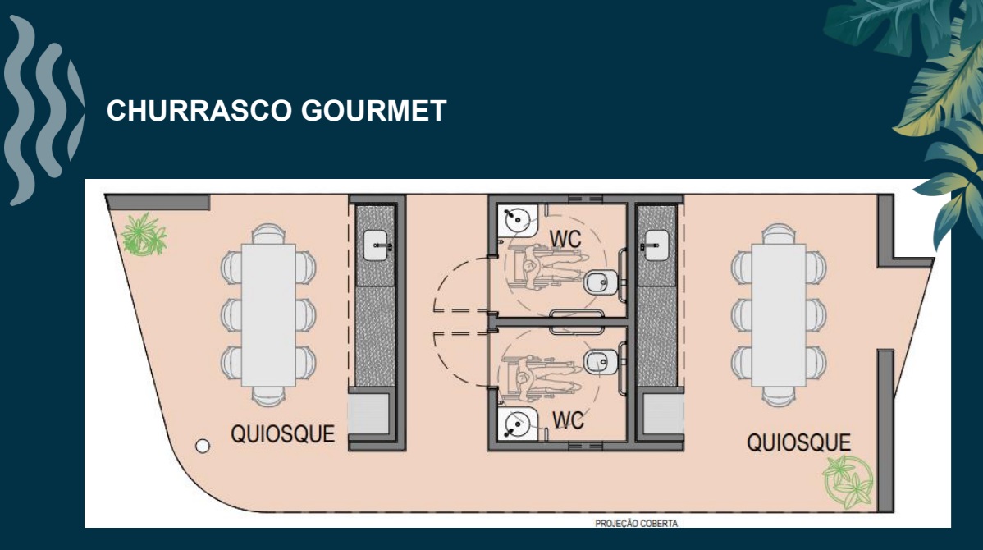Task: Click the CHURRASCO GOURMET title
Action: coord(276,111)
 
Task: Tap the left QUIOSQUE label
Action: coord(282,433)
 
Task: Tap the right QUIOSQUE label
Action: coord(798,442)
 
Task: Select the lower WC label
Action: coord(568,420)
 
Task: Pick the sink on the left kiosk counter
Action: coord(376,245)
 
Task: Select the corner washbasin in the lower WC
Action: coord(517,424)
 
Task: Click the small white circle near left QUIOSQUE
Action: coord(202,447)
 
